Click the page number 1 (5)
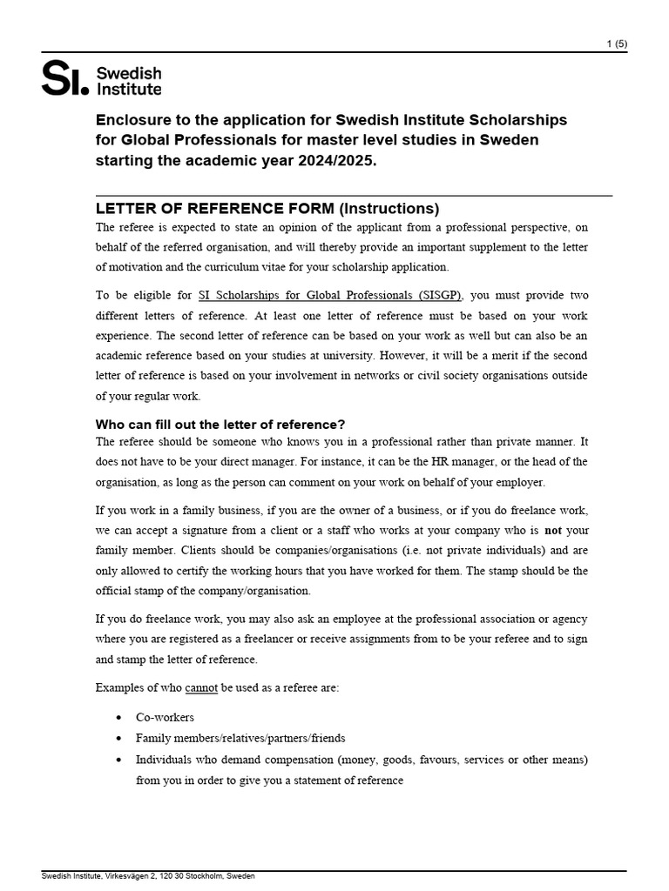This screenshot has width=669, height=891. pos(616,44)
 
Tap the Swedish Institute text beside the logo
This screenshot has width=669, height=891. pos(128,80)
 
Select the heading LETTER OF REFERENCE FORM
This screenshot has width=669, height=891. pos(214,209)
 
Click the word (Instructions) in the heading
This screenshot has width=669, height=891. pos(389,209)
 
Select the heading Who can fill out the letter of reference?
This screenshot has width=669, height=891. pos(220,424)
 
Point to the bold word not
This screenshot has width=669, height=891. pos(553,530)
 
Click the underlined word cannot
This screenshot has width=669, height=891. pos(201,687)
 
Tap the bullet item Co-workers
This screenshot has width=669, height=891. pos(165,717)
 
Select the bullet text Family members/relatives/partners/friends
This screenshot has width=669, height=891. pos(240,738)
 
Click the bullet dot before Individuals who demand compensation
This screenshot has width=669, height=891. pos(118,760)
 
